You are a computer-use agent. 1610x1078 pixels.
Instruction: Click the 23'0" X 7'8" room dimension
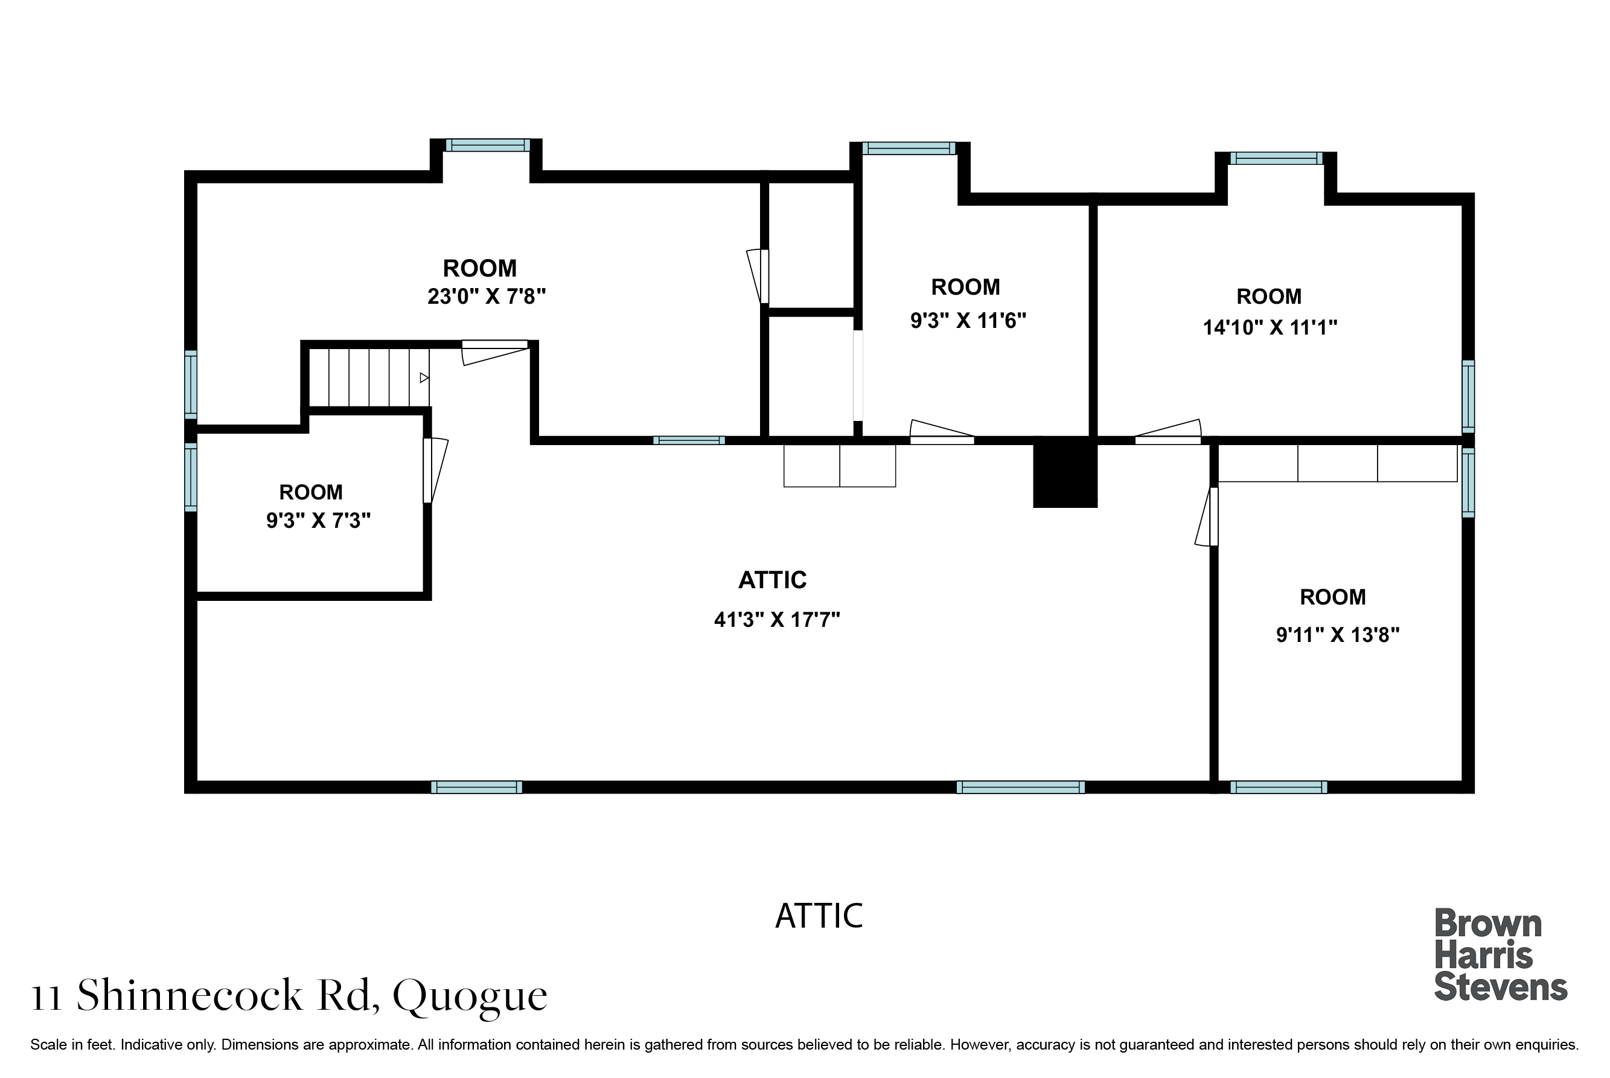click(x=487, y=297)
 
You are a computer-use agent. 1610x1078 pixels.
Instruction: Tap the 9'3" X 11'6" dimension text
click(x=968, y=320)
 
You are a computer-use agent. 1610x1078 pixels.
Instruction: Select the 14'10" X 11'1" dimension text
click(x=1270, y=327)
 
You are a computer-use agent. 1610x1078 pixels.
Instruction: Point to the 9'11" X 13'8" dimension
click(x=1338, y=635)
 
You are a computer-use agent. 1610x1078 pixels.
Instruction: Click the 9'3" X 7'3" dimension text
click(x=318, y=521)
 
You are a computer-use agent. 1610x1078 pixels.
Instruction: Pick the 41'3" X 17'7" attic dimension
click(x=777, y=620)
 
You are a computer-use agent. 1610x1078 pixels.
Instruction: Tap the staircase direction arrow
click(x=424, y=378)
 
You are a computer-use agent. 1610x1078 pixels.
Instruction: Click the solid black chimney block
click(x=1065, y=472)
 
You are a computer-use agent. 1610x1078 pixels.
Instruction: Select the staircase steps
click(x=369, y=378)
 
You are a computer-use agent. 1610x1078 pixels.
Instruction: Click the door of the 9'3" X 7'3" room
click(x=434, y=470)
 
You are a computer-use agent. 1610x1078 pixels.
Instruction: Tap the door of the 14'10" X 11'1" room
click(x=1168, y=432)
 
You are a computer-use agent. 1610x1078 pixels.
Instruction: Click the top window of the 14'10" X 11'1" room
click(x=1276, y=158)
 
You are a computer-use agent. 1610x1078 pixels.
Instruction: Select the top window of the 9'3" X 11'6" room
click(x=909, y=148)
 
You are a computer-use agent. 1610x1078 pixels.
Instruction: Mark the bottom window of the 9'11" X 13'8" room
click(x=1278, y=787)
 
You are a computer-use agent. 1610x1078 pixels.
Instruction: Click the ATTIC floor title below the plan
click(x=819, y=916)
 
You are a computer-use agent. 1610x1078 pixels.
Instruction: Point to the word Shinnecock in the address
click(x=189, y=995)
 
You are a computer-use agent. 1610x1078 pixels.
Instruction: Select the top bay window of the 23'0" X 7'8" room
click(x=487, y=145)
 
